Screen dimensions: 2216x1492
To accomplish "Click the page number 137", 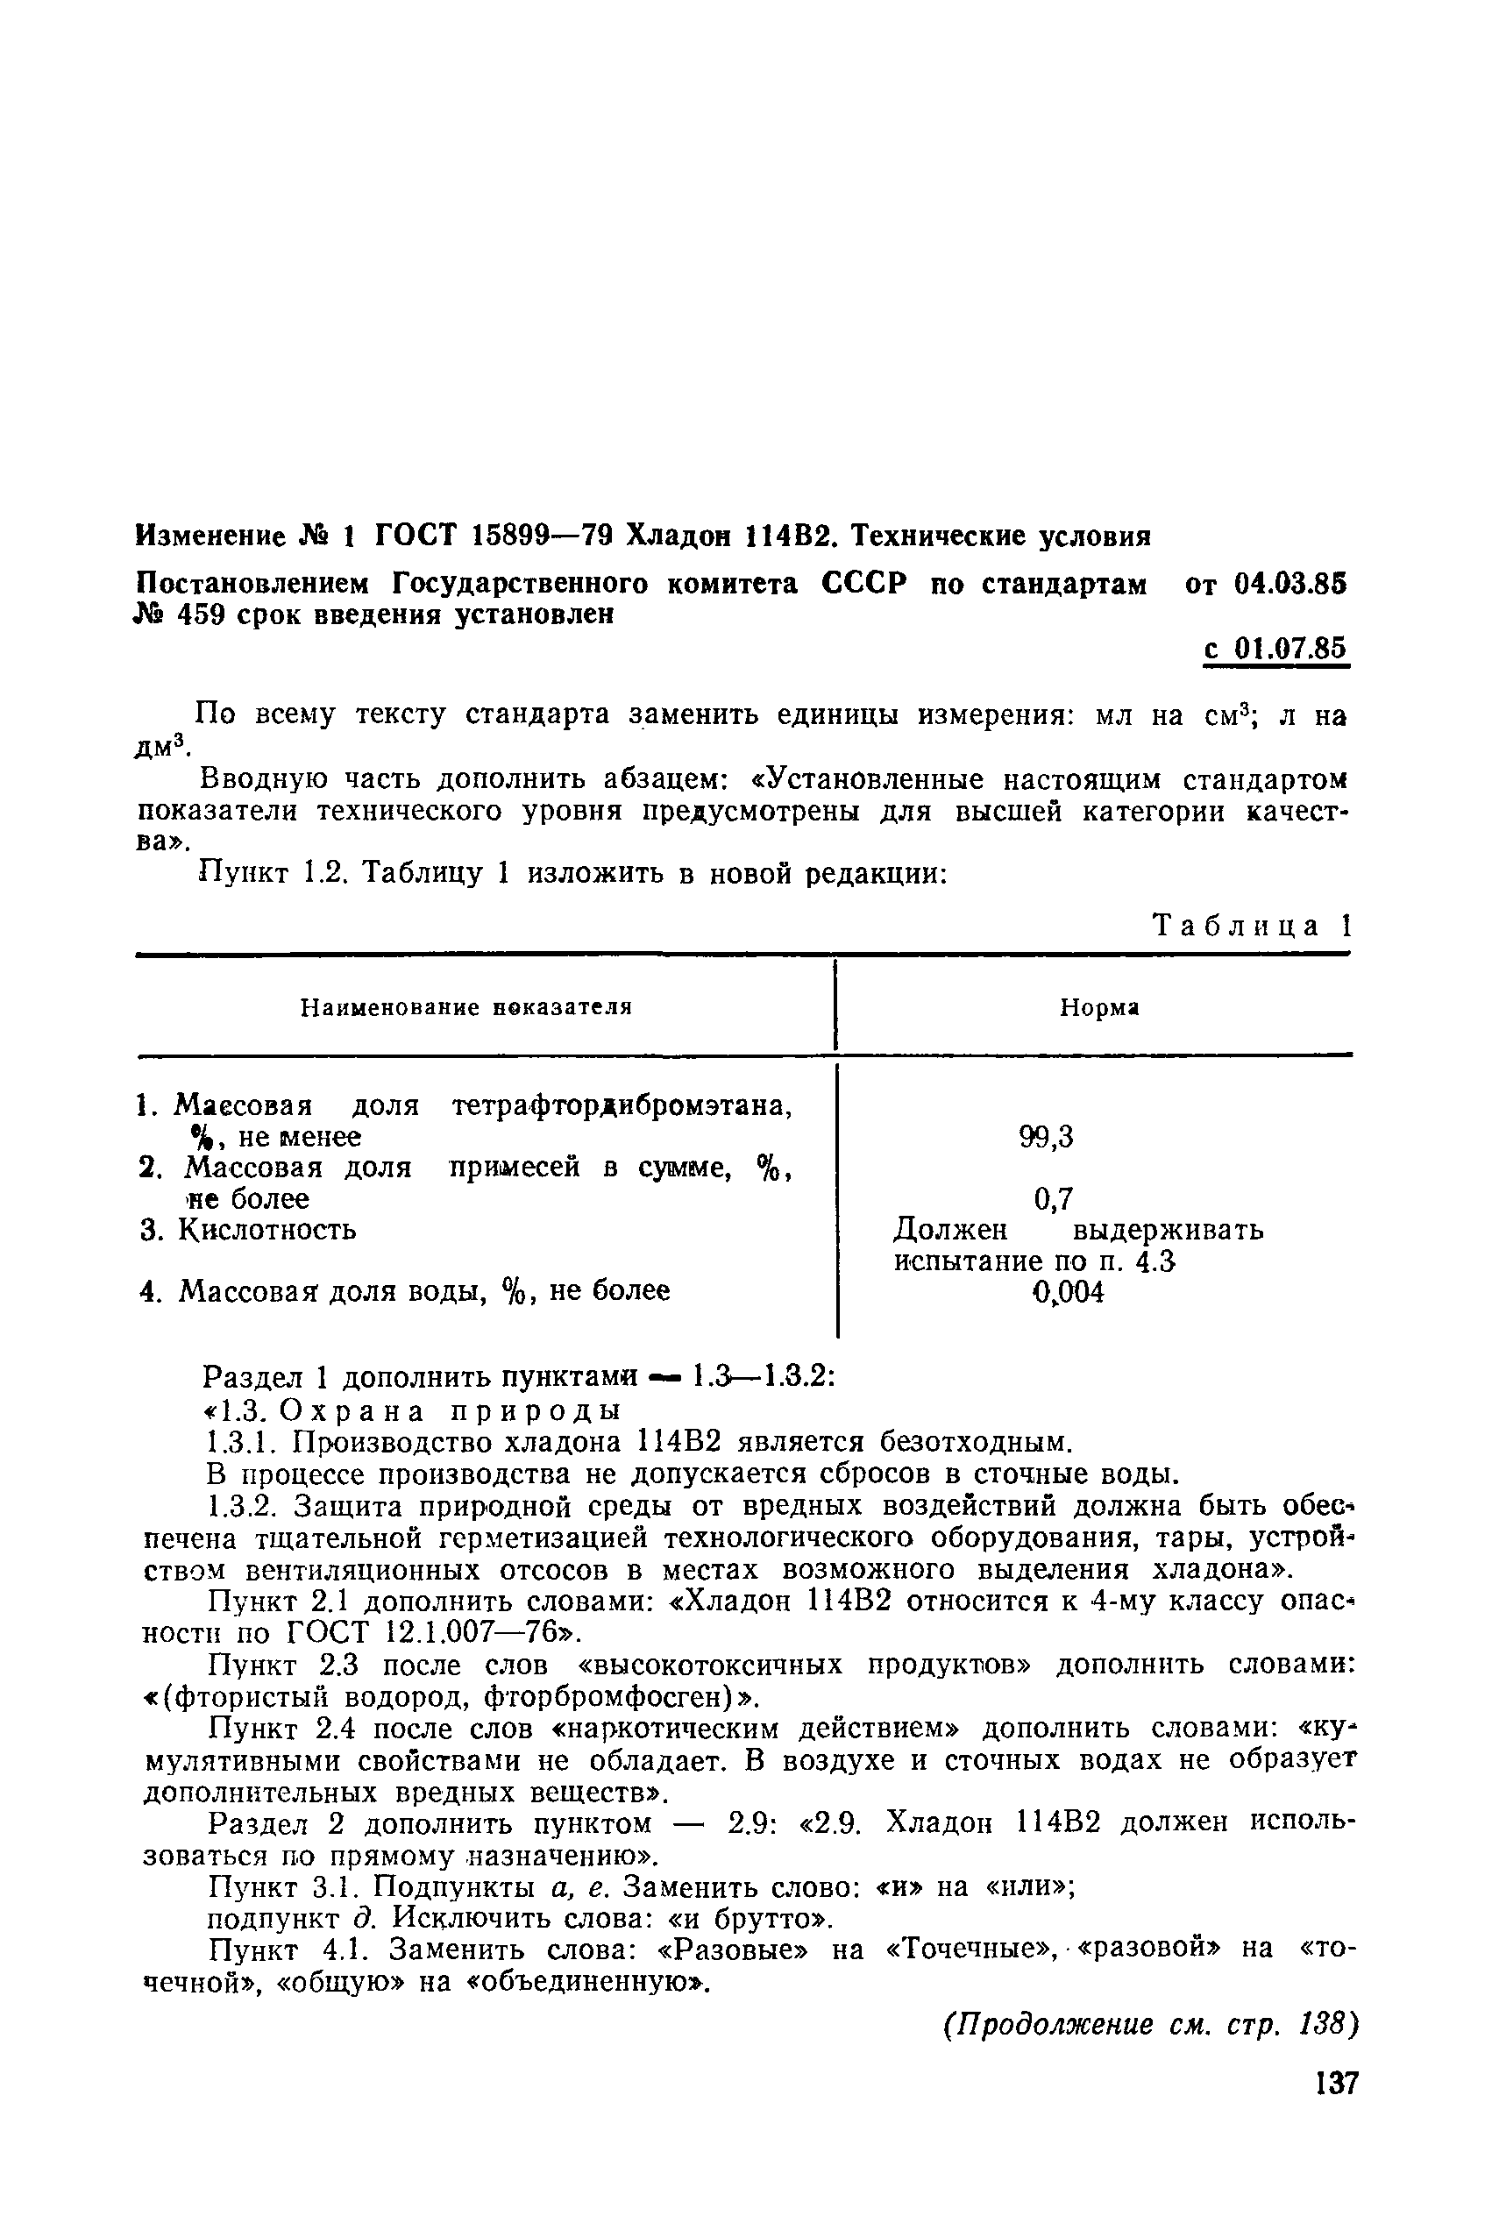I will pos(1336,2084).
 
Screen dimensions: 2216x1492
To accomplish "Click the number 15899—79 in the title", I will pos(538,536).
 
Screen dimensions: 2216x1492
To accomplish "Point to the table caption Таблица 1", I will pos(1251,926).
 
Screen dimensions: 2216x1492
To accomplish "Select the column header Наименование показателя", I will pos(466,1006).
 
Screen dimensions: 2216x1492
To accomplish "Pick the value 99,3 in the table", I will pos(1046,1137).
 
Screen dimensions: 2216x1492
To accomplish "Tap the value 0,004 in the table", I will pos(1069,1292).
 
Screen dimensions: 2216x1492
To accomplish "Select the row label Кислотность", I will pos(267,1230).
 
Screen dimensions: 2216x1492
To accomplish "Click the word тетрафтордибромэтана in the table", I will pos(622,1105).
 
